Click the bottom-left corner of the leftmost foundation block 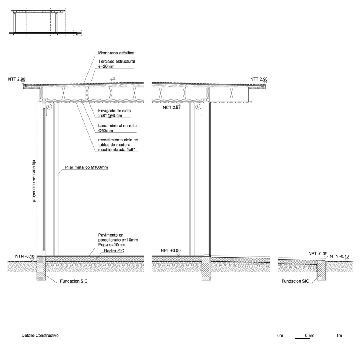click(x=37, y=280)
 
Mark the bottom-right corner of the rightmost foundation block click(x=326, y=280)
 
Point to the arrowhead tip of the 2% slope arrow click(x=111, y=79)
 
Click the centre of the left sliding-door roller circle click(x=49, y=107)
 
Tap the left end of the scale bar click(x=280, y=338)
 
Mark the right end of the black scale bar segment click(x=310, y=338)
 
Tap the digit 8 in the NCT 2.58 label click(x=179, y=107)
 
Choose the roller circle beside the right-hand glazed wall click(x=198, y=107)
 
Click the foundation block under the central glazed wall click(x=206, y=268)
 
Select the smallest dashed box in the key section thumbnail click(x=77, y=33)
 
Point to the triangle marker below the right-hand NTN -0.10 click(x=347, y=260)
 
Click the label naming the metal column click(x=86, y=167)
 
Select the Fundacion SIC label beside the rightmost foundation click(x=295, y=281)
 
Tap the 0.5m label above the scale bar click(x=310, y=336)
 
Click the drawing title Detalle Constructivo click(x=40, y=336)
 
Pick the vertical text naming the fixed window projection click(x=34, y=181)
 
